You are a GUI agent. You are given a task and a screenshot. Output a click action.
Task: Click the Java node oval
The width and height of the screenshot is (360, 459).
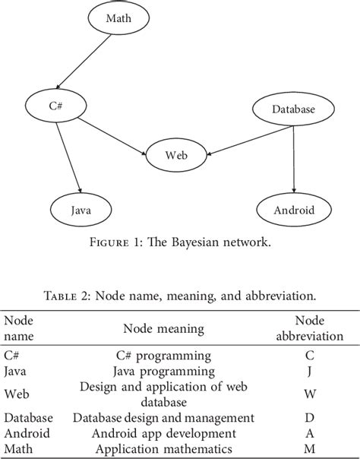(81, 207)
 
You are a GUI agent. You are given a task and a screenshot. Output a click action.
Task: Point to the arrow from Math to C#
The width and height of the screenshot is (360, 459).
(88, 62)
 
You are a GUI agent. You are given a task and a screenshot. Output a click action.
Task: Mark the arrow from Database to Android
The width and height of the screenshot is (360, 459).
(293, 159)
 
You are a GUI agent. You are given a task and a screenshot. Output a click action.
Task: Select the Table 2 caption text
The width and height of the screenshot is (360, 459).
(179, 297)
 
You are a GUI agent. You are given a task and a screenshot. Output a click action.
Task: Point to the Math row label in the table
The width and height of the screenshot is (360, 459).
(17, 448)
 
